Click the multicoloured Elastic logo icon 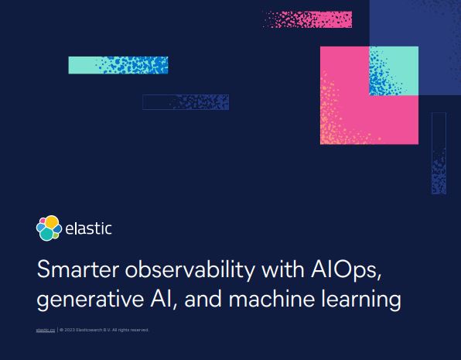[x=49, y=228]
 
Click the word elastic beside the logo [x=88, y=228]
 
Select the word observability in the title [x=176, y=270]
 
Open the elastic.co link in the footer [x=46, y=330]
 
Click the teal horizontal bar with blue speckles [x=118, y=65]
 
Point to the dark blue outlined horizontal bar [x=186, y=102]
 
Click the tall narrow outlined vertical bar [x=439, y=153]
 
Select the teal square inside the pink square [x=394, y=70]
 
